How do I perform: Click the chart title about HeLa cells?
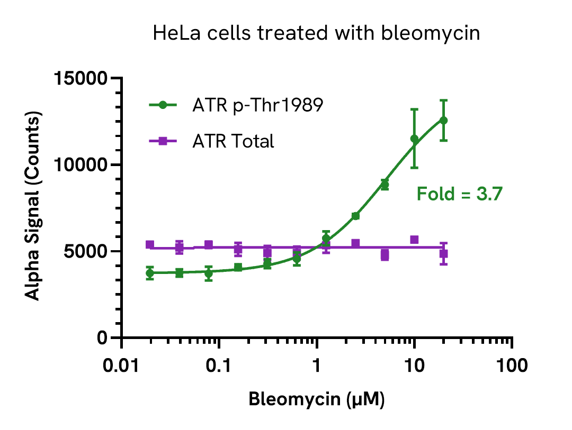(316, 34)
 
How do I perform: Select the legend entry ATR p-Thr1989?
(257, 105)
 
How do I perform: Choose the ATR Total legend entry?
(233, 141)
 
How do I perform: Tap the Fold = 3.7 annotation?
(459, 194)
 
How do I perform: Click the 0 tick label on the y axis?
(103, 338)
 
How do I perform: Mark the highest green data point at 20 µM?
(444, 121)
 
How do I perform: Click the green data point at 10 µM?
(414, 139)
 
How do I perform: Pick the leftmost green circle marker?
(150, 273)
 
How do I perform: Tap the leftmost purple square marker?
(150, 244)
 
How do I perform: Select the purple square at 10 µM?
(414, 240)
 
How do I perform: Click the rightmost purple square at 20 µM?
(444, 253)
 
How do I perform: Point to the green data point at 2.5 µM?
(355, 216)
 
